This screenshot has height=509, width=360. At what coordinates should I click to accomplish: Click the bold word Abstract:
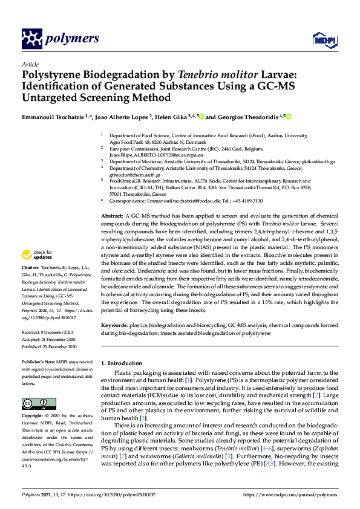pyautogui.click(x=112, y=215)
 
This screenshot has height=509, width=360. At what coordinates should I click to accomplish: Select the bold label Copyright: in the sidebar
pyautogui.click(x=33, y=416)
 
